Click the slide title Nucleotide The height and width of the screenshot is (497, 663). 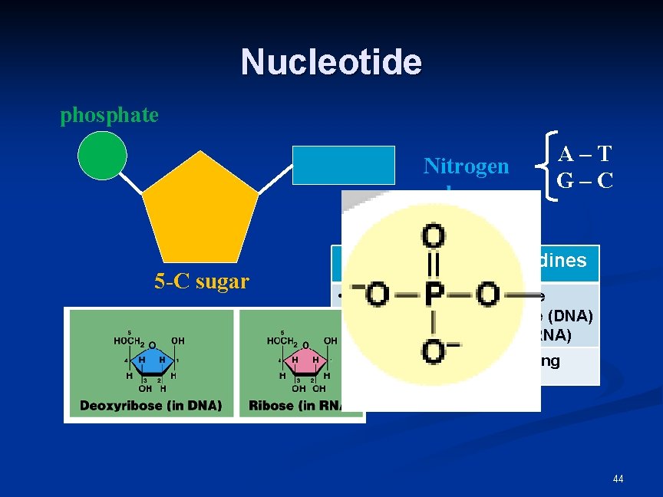pos(331,62)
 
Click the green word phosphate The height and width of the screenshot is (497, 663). pos(109,116)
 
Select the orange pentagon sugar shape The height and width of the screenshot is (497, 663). pos(201,211)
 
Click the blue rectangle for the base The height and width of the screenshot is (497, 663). pos(343,165)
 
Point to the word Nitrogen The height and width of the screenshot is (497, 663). pos(466,166)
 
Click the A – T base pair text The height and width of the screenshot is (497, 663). pos(585,154)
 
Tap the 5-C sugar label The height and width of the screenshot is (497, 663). pos(201,281)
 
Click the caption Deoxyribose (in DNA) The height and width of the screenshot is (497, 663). pos(150,405)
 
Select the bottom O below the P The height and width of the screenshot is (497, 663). pos(434,351)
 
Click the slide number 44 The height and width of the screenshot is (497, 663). pos(618,479)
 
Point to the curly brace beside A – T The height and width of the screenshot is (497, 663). pos(547,175)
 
